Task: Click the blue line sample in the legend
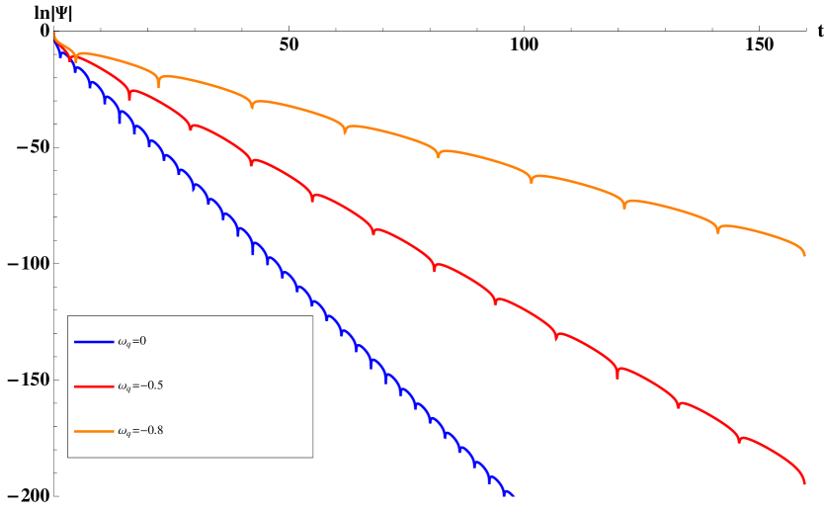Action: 94,342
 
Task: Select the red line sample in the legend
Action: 94,386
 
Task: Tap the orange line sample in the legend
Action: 94,431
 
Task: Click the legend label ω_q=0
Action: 131,342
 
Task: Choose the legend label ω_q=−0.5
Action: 139,386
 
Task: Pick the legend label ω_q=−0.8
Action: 139,431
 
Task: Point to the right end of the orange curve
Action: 804,254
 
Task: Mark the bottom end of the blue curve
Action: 513,495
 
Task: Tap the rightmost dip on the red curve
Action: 739,441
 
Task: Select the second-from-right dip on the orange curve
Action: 624,206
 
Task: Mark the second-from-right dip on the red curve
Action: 678,404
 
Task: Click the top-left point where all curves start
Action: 54,36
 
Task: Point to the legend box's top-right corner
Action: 312,316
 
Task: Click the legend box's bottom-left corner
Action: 68,457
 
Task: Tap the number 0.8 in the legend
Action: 155,431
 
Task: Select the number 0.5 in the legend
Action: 155,386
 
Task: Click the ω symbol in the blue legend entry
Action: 122,342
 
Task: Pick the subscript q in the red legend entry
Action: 128,389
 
